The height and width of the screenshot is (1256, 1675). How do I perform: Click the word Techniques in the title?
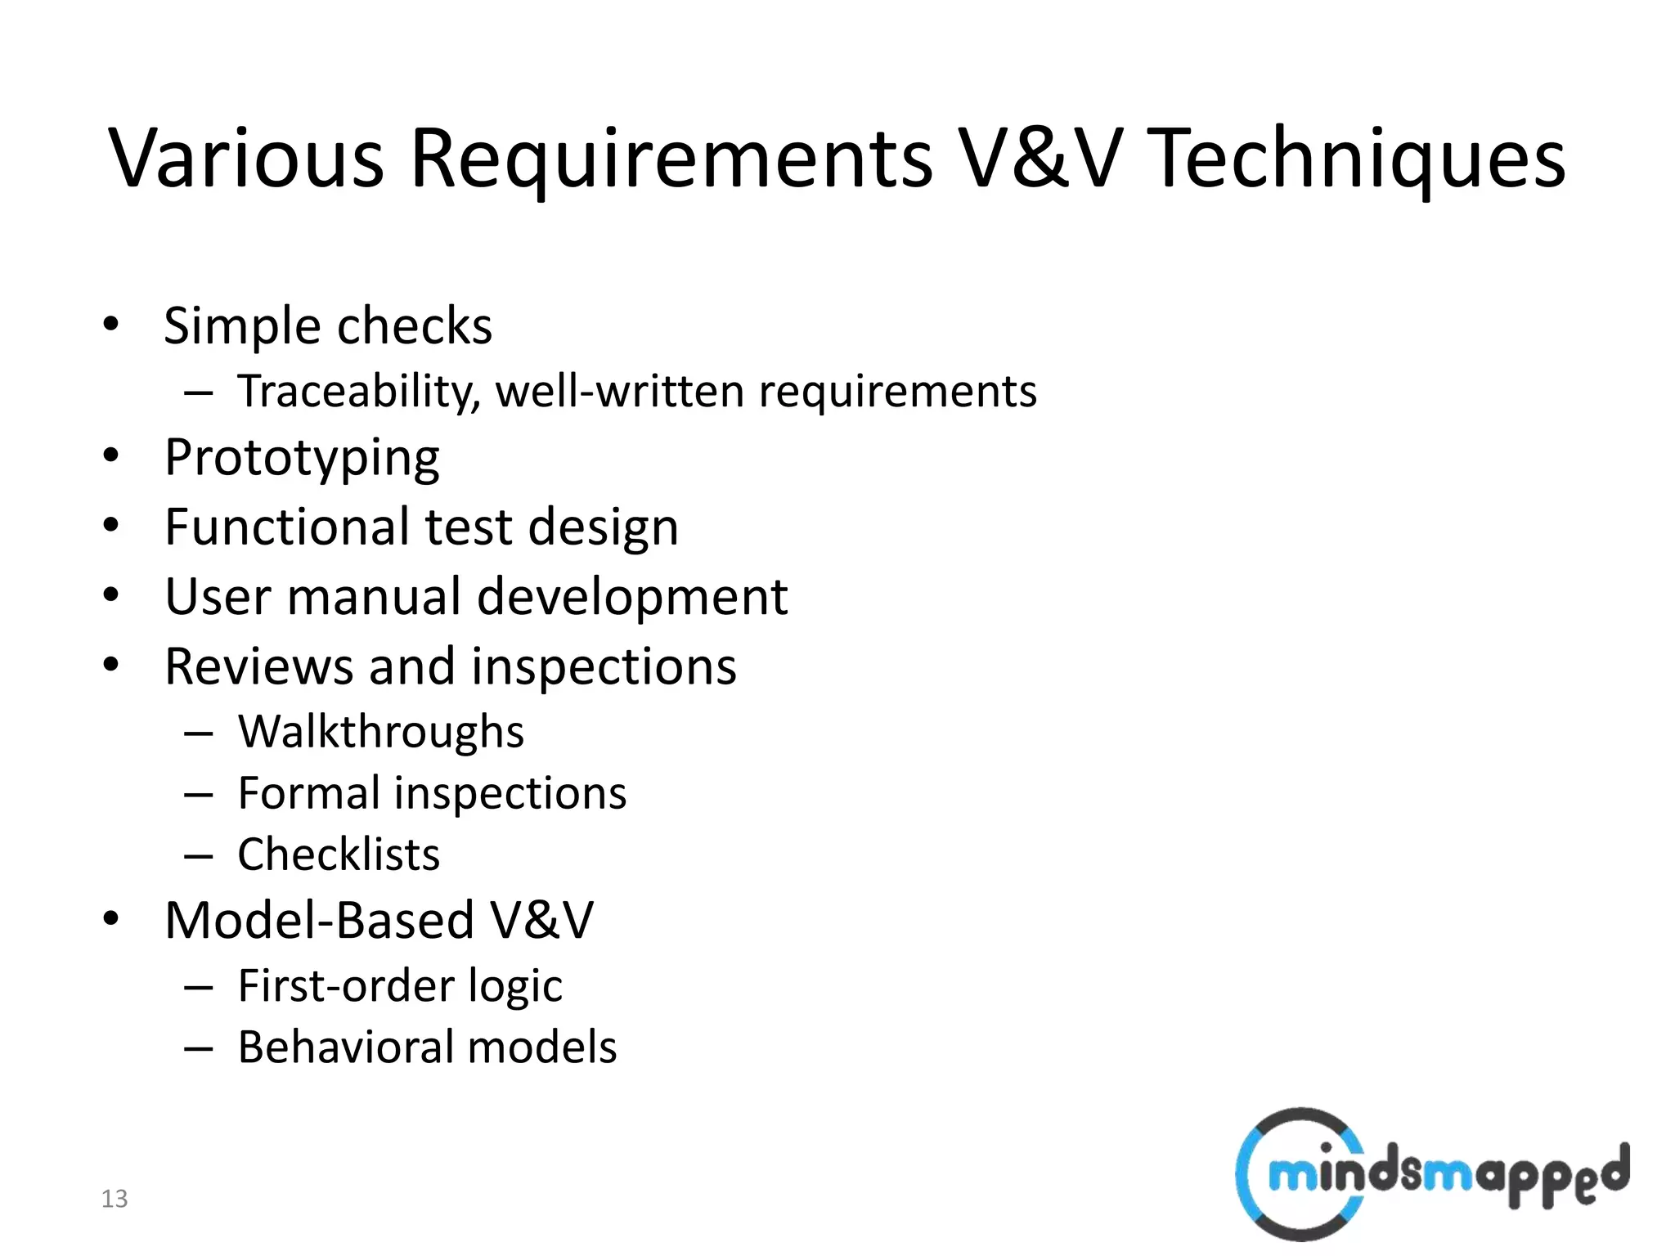pyautogui.click(x=1359, y=159)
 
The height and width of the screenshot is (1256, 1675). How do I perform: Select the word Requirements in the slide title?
pyautogui.click(x=671, y=159)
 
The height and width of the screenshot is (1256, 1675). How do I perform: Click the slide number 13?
pyautogui.click(x=115, y=1199)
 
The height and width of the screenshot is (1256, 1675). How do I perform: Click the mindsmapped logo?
pyautogui.click(x=1431, y=1174)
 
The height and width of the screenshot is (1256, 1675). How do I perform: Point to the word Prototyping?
pyautogui.click(x=302, y=459)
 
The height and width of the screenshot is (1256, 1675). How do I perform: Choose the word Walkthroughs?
pyautogui.click(x=381, y=731)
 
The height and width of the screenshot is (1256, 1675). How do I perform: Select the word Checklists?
pyautogui.click(x=339, y=855)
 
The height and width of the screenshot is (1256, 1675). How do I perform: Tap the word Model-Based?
pyautogui.click(x=319, y=920)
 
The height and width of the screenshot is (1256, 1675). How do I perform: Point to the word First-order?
pyautogui.click(x=344, y=985)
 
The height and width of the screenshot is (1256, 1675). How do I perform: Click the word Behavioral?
pyautogui.click(x=344, y=1047)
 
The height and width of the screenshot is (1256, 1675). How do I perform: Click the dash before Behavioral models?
pyautogui.click(x=199, y=1048)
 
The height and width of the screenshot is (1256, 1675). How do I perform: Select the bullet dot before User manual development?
pyautogui.click(x=111, y=594)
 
